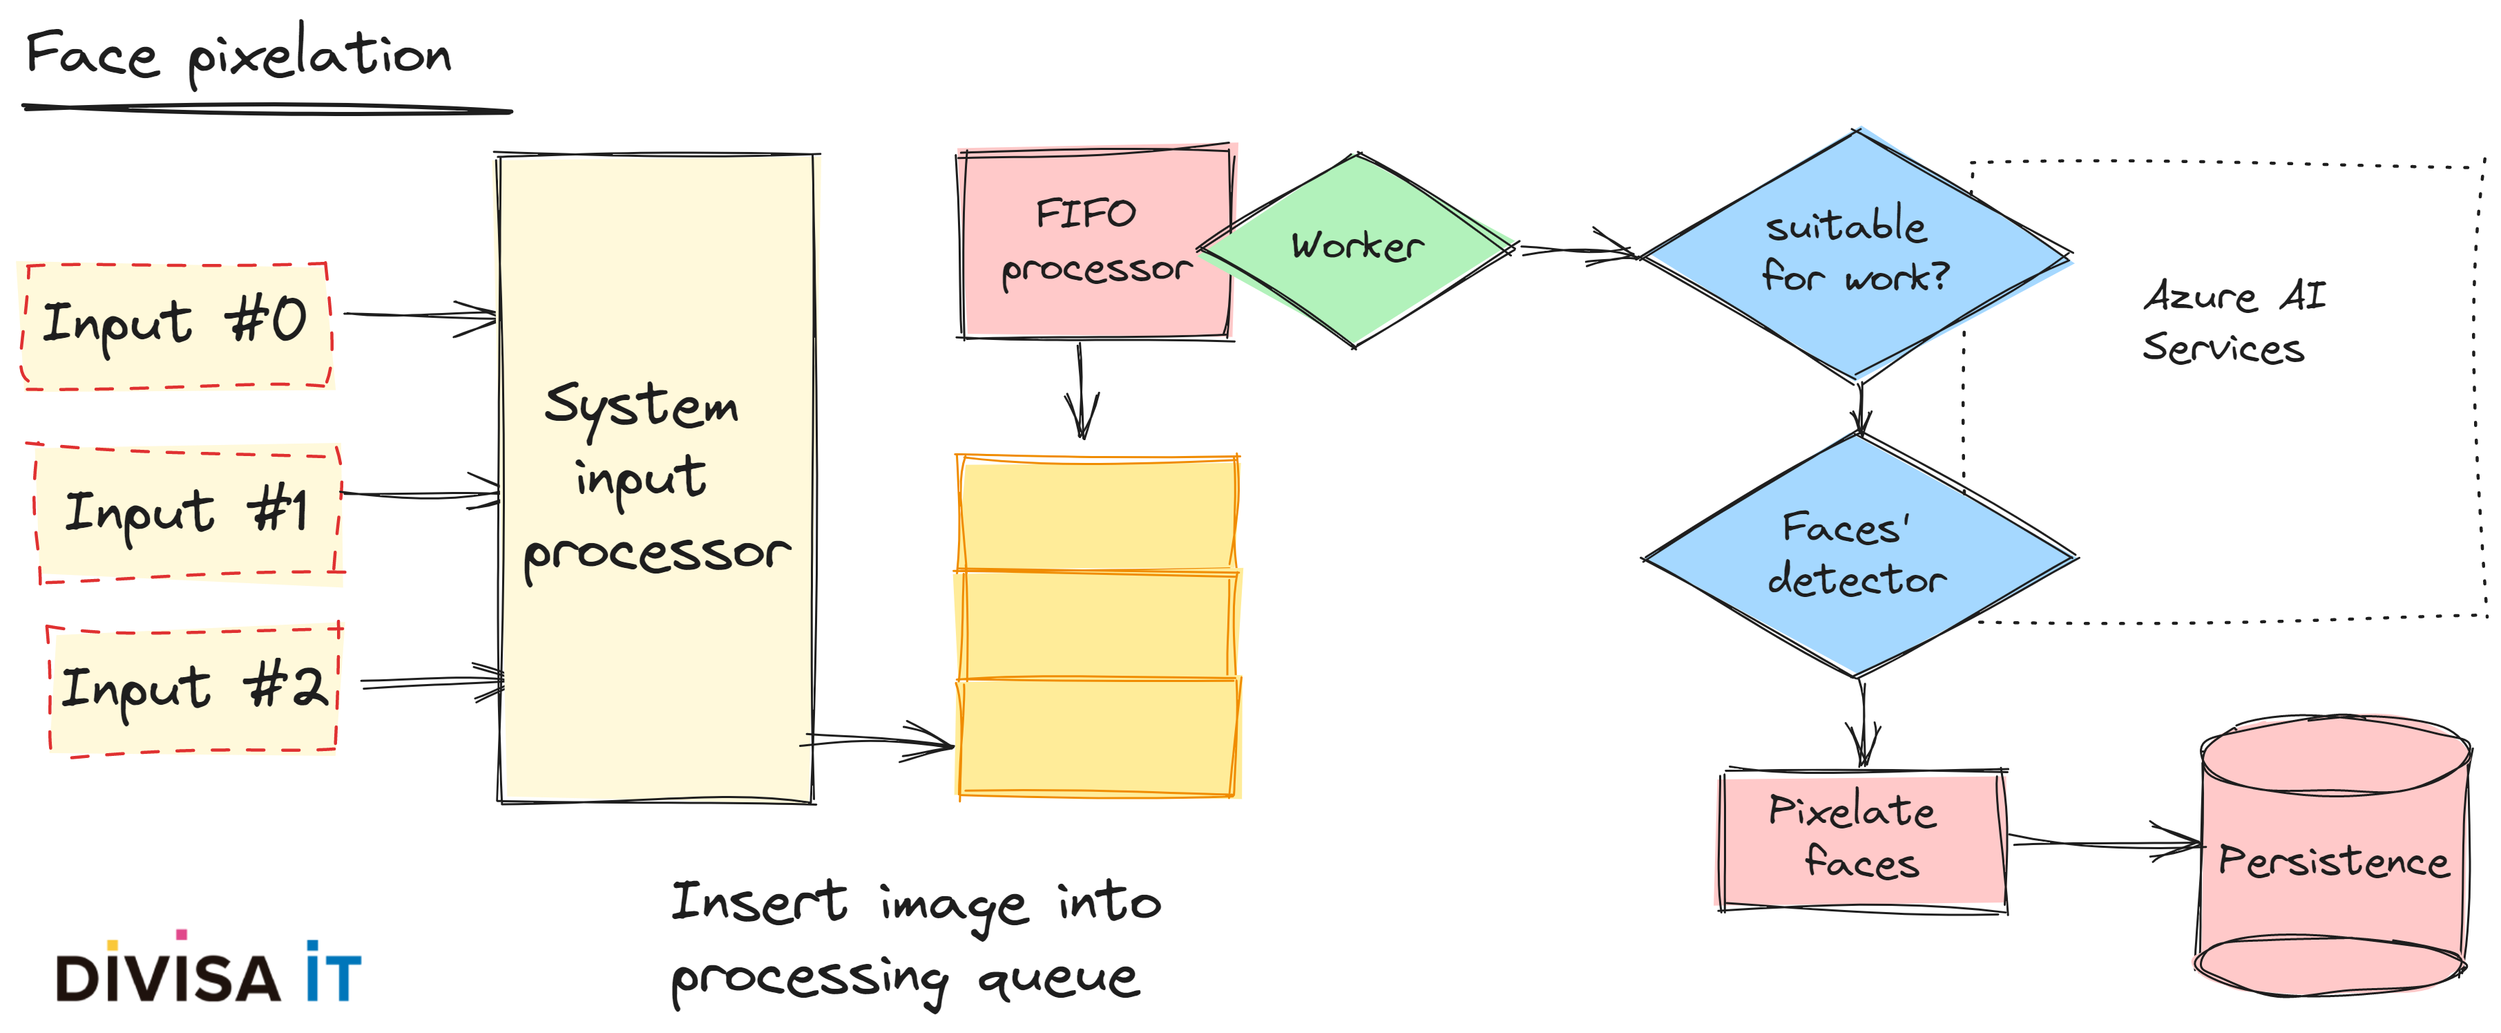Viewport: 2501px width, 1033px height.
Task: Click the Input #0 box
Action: tap(177, 326)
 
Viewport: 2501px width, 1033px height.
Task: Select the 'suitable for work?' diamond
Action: tap(1857, 252)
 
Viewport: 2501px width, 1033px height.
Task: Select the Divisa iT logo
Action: tap(208, 971)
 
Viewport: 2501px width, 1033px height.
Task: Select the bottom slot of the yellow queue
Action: tap(1097, 738)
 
